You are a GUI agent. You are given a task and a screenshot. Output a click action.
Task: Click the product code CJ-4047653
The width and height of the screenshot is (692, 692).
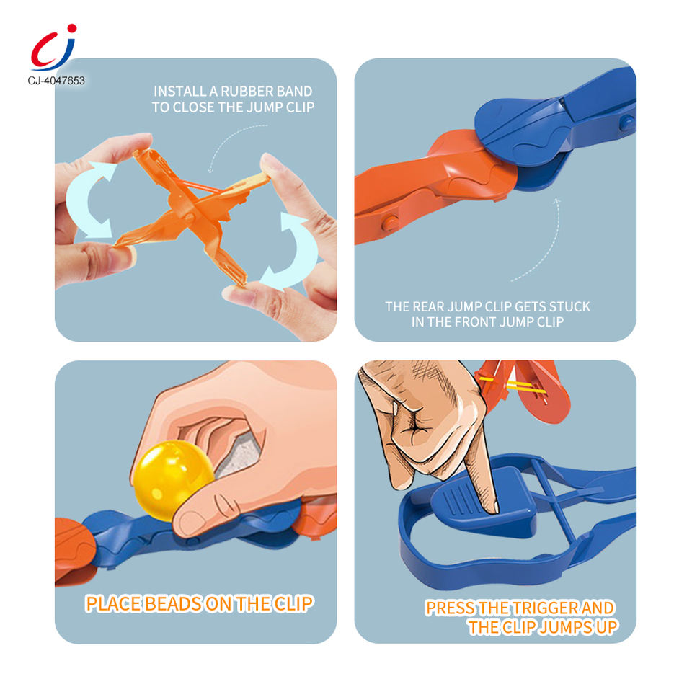tap(56, 81)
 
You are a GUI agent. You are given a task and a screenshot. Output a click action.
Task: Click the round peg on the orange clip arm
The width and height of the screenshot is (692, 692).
tap(389, 222)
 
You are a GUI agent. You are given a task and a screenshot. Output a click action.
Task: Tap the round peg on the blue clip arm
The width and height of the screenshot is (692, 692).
tap(626, 123)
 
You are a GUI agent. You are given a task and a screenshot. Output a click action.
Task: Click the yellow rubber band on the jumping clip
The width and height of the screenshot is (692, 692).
tap(512, 385)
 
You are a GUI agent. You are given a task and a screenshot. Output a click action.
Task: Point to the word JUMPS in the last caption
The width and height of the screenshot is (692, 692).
tap(565, 627)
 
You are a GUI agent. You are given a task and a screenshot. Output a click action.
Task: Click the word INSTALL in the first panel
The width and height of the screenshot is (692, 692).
tap(179, 92)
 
